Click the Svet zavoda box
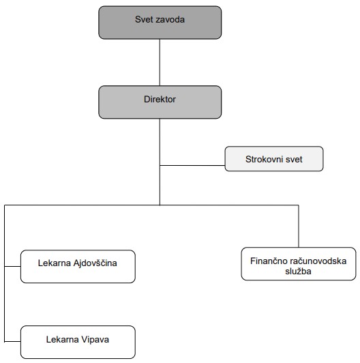(160, 22)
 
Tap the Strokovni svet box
(273, 158)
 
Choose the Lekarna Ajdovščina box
(77, 266)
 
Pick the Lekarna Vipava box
(77, 342)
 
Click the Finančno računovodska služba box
(298, 263)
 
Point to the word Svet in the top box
(145, 19)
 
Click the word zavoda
(170, 19)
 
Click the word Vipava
(95, 338)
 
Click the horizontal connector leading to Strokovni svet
(192, 164)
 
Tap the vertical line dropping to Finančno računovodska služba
(298, 225)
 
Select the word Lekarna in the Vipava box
(62, 338)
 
